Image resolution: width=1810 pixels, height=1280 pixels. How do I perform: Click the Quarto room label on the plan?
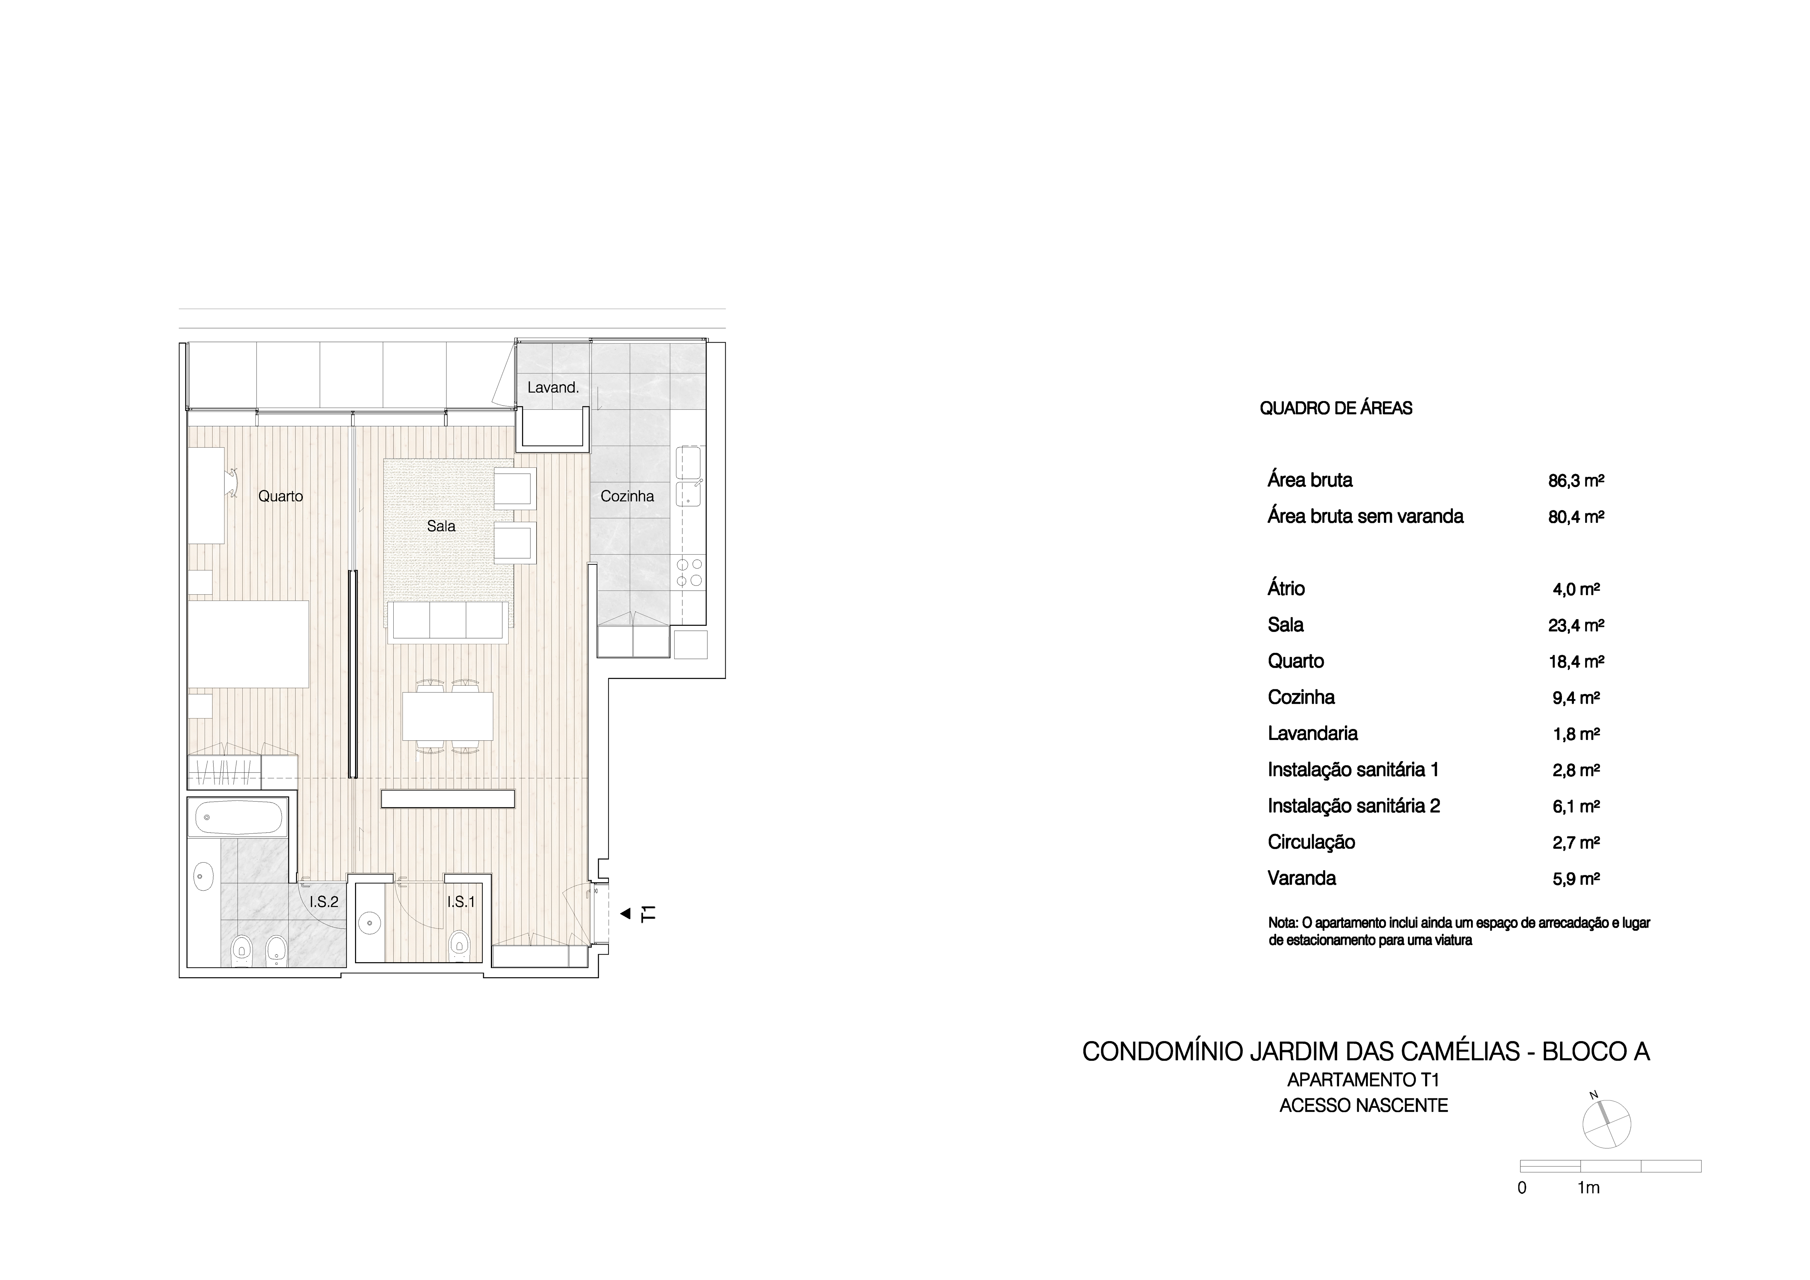point(281,497)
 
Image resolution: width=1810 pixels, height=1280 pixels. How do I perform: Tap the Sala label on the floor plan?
point(441,526)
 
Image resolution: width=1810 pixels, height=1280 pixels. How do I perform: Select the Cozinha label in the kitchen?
point(628,497)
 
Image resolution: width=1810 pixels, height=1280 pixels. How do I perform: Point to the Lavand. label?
point(553,387)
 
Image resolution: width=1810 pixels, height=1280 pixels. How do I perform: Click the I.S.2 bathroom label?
point(324,902)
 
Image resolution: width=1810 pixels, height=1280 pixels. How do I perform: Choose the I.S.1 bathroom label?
point(461,902)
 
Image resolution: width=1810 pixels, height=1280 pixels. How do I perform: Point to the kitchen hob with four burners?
point(689,572)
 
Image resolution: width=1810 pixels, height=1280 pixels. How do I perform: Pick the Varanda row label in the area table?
point(1301,878)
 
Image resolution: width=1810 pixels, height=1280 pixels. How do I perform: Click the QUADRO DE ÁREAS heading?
point(1336,408)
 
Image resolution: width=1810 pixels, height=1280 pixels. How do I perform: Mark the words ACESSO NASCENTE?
point(1364,1106)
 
